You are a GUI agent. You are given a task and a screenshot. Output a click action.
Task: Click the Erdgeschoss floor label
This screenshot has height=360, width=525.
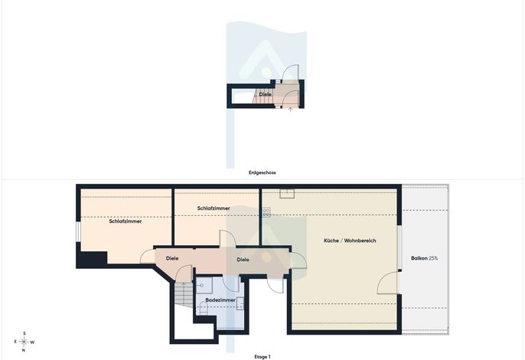coord(262,172)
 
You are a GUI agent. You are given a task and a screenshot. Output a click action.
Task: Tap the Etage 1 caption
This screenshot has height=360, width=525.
coord(262,357)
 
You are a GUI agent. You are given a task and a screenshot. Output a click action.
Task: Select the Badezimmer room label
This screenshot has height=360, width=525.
coord(220,300)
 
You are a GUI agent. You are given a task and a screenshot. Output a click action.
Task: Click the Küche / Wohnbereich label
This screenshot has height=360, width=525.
coord(350,241)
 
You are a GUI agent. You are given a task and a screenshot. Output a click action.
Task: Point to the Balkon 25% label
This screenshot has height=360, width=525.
coord(424,258)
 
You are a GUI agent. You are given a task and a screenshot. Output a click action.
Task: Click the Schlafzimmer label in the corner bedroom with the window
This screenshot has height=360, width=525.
coord(126,221)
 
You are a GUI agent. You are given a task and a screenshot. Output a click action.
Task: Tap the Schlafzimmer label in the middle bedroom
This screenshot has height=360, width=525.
coord(214,208)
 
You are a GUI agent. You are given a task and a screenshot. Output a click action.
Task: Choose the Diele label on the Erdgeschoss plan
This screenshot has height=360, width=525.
coord(265,94)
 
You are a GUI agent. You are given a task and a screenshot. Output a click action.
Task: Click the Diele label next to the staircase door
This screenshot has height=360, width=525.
coord(172,258)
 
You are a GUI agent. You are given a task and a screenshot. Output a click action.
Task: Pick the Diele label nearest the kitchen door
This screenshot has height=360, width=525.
coord(243,260)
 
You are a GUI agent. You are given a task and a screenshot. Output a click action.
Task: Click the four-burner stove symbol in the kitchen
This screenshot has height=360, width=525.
coord(266,212)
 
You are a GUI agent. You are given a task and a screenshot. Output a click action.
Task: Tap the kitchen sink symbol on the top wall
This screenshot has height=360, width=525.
coord(287,194)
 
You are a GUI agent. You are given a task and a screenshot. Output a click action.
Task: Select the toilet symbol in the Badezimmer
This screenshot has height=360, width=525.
coord(204,308)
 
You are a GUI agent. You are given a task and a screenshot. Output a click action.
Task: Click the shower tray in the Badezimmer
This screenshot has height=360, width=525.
coord(204,285)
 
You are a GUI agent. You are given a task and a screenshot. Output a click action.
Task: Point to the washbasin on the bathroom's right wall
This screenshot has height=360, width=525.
coord(240,303)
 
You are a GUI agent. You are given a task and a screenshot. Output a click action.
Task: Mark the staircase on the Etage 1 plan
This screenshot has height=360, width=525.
coord(184,294)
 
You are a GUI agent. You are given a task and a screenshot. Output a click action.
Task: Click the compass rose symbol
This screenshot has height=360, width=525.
coord(24,342)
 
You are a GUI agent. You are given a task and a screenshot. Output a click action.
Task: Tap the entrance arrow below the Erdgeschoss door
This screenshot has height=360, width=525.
coord(290,110)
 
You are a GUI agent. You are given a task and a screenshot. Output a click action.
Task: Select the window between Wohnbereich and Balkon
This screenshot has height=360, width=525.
coord(399,247)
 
